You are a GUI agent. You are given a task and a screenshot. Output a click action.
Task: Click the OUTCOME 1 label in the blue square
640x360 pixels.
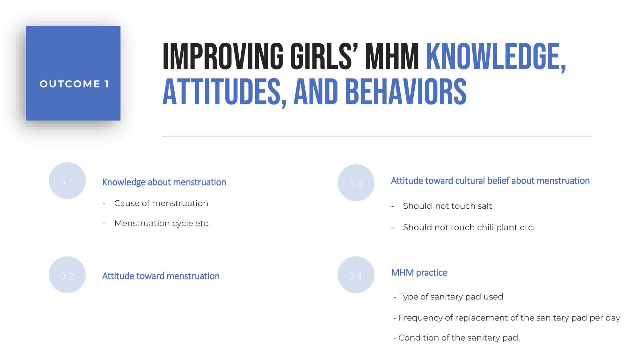pyautogui.click(x=74, y=84)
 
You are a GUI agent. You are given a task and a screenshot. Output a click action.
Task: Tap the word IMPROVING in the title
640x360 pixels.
pyautogui.click(x=223, y=56)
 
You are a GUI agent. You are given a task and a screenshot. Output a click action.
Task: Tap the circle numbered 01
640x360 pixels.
pyautogui.click(x=67, y=181)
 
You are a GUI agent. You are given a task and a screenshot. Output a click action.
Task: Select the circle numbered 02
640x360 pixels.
pyautogui.click(x=67, y=275)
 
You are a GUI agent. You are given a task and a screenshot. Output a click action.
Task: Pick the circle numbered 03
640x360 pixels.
pyautogui.click(x=356, y=183)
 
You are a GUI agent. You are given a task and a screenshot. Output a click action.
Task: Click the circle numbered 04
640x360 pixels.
pyautogui.click(x=356, y=275)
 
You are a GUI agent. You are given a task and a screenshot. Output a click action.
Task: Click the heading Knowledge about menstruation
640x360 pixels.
pyautogui.click(x=164, y=182)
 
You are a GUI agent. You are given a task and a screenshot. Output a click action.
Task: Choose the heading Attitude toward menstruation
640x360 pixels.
pyautogui.click(x=161, y=276)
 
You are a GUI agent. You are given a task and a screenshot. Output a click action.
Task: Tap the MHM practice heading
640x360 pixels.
pyautogui.click(x=419, y=273)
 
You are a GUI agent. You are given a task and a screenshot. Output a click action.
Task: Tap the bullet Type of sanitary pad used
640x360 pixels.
pyautogui.click(x=448, y=297)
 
